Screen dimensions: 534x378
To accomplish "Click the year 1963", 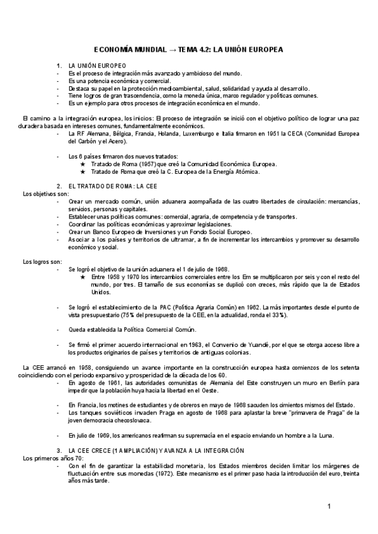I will (189, 344).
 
